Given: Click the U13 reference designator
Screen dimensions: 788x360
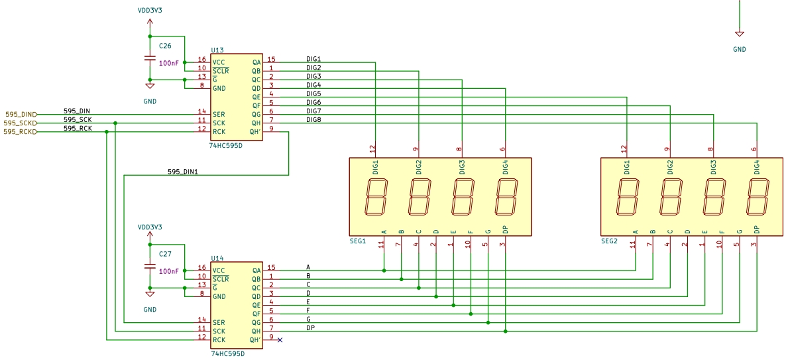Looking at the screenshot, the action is [217, 50].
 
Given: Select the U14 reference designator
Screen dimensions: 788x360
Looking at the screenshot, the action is [217, 259].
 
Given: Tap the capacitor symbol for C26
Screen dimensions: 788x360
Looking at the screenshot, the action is [149, 58].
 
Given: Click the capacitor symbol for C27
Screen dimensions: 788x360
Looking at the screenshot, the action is [149, 267].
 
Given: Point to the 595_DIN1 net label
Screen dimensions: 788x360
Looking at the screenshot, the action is [183, 172].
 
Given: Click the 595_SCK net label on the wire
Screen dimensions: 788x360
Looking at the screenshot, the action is [78, 119].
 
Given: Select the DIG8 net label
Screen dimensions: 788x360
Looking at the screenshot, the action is [313, 119].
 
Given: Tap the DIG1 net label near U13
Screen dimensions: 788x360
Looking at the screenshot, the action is [313, 59].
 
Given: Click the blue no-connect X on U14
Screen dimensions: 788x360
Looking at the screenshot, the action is [280, 340].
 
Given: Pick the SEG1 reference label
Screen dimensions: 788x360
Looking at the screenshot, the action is [357, 241].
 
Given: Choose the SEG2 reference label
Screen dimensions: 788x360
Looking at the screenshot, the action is [609, 241].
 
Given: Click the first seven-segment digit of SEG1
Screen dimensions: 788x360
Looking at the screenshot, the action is [376, 197].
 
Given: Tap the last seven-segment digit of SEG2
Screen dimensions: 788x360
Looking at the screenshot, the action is [758, 197].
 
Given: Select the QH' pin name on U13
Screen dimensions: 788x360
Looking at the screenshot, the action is [255, 132].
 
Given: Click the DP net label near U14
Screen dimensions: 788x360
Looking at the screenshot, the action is [310, 328].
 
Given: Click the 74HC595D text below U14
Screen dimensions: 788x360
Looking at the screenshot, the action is [227, 353].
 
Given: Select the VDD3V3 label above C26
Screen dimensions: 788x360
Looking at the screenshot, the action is [150, 10].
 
